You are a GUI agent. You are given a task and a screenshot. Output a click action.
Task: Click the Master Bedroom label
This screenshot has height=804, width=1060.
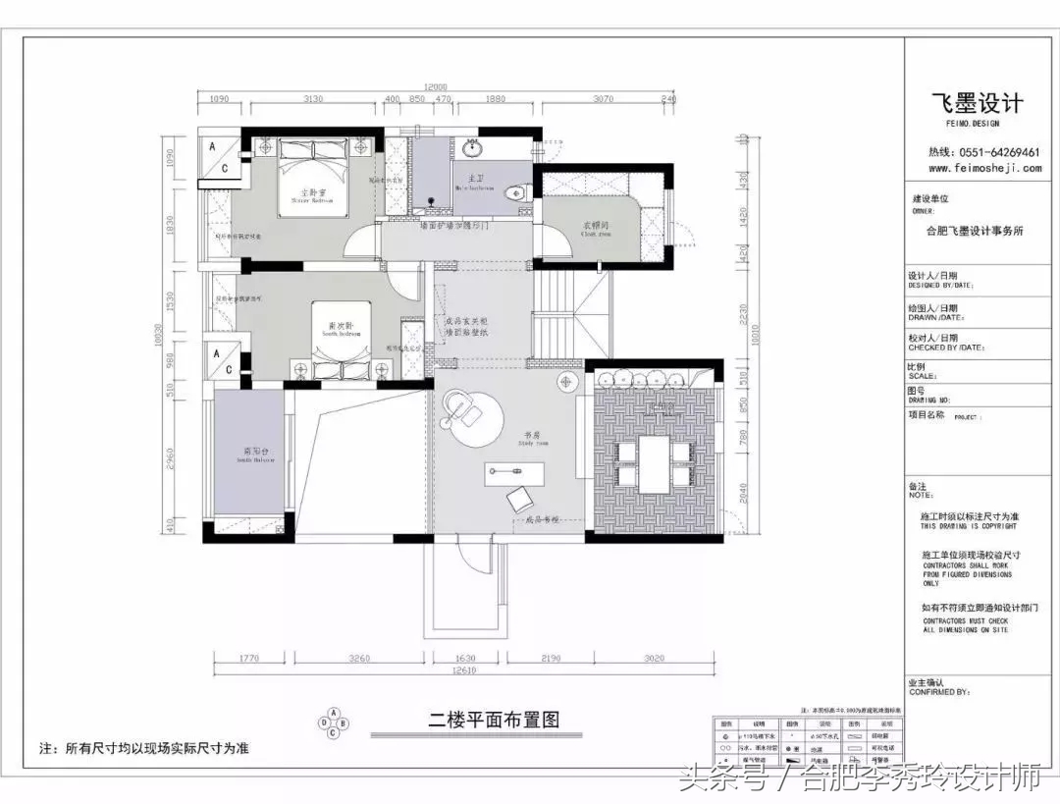313,194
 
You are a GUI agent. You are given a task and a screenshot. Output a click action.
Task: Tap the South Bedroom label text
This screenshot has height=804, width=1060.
341,329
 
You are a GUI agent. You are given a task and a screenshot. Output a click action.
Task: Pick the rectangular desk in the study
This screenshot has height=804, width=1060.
514,474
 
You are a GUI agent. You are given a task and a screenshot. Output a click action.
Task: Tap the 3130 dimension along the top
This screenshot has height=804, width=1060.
314,99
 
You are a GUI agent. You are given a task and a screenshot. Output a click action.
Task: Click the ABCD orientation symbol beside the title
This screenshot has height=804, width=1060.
333,722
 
